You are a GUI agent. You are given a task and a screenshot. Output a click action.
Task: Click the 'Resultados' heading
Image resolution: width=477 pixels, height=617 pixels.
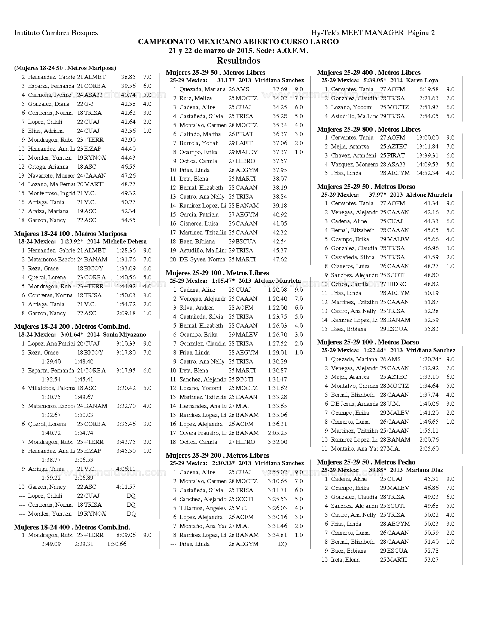238,61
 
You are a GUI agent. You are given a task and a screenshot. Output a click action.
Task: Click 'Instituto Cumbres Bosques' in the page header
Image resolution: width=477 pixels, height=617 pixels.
56,33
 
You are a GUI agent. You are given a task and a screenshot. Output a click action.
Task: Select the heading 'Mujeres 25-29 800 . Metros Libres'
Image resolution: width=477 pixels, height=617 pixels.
369,129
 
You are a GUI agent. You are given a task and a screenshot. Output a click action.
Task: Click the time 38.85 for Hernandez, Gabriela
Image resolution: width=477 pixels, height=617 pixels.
128,77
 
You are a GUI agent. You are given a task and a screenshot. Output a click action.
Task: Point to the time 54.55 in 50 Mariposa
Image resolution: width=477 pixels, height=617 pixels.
128,220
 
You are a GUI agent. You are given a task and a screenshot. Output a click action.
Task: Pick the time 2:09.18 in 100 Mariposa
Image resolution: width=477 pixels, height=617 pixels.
126,313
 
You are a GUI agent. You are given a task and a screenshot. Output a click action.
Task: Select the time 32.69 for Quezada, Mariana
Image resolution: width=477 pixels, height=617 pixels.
280,89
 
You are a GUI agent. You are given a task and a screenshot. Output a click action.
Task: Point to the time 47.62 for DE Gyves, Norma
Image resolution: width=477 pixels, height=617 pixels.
280,260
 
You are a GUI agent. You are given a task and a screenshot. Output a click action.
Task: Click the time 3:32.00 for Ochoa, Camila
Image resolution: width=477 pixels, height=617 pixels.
277,442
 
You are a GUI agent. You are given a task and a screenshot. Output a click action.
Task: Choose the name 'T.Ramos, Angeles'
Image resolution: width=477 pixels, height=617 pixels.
202,508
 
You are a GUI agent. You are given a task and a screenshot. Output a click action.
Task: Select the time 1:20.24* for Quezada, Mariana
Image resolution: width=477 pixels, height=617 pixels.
430,359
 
